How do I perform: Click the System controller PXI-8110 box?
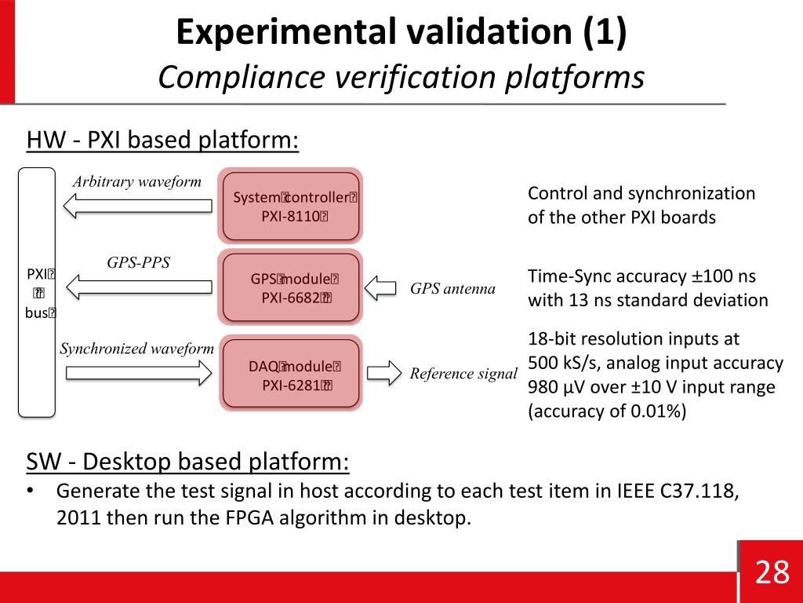pyautogui.click(x=290, y=206)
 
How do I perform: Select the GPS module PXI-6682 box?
pyautogui.click(x=290, y=287)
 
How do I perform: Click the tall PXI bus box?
pyautogui.click(x=37, y=291)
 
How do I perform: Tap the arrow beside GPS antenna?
pyautogui.click(x=383, y=288)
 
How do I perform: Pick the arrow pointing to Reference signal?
pyautogui.click(x=383, y=372)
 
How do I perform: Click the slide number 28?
pyautogui.click(x=772, y=572)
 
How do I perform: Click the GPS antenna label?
pyautogui.click(x=452, y=289)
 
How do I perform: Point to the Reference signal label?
pyautogui.click(x=463, y=374)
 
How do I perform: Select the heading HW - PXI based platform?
pyautogui.click(x=163, y=141)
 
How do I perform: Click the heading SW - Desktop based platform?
pyautogui.click(x=188, y=462)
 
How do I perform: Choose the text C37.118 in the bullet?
pyautogui.click(x=694, y=492)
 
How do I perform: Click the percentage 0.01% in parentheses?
pyautogui.click(x=656, y=411)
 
